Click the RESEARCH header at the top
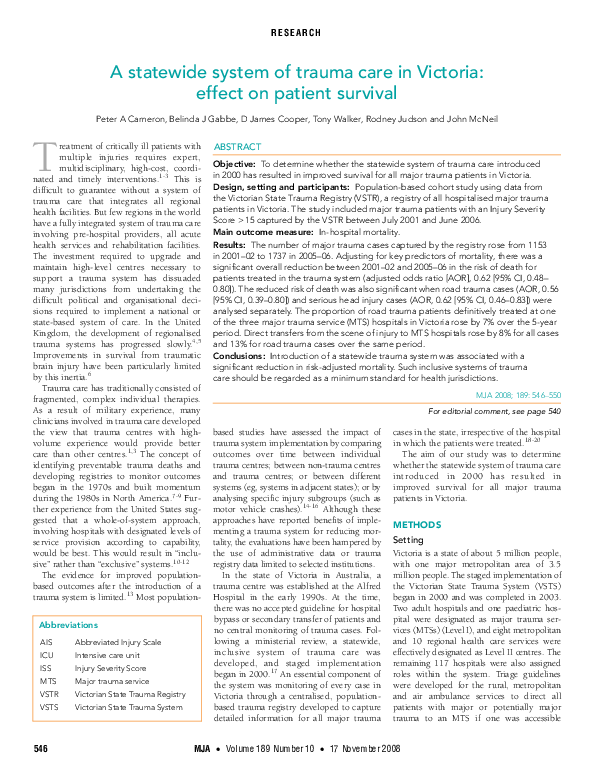tap(296, 33)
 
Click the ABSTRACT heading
tap(238, 146)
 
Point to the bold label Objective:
tap(235, 162)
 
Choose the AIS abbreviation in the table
tap(46, 614)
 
